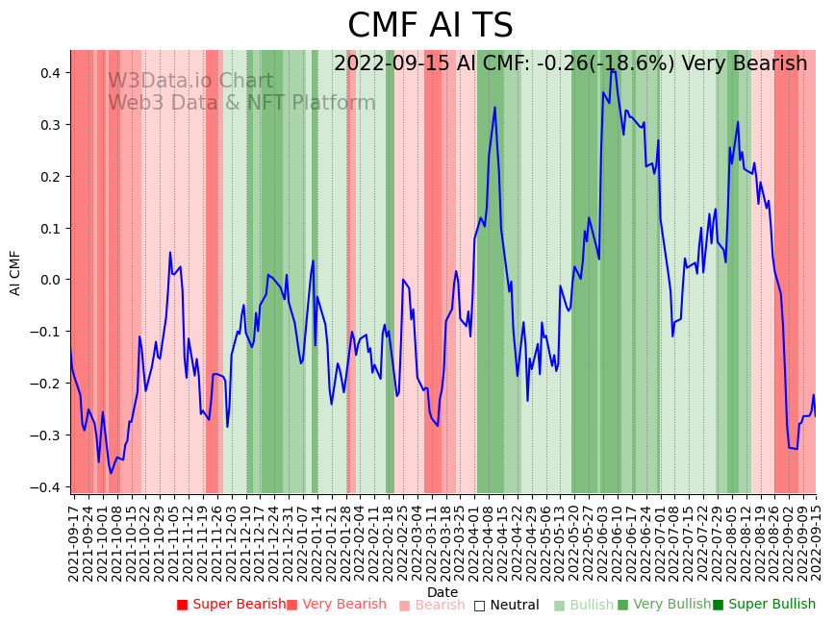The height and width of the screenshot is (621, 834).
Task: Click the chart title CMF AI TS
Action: (x=430, y=26)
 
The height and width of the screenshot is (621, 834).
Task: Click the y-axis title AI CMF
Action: (x=15, y=272)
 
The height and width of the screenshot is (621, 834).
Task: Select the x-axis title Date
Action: (x=442, y=592)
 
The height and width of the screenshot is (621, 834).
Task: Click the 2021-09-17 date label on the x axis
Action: (x=74, y=542)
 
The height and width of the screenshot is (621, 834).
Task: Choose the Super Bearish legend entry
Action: (x=231, y=605)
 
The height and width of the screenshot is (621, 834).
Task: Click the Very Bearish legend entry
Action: (x=336, y=605)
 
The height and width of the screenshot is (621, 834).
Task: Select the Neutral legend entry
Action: (x=506, y=605)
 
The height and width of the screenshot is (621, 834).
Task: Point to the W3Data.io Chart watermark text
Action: (x=190, y=81)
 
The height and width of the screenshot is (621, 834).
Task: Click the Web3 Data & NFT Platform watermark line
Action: (x=241, y=103)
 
